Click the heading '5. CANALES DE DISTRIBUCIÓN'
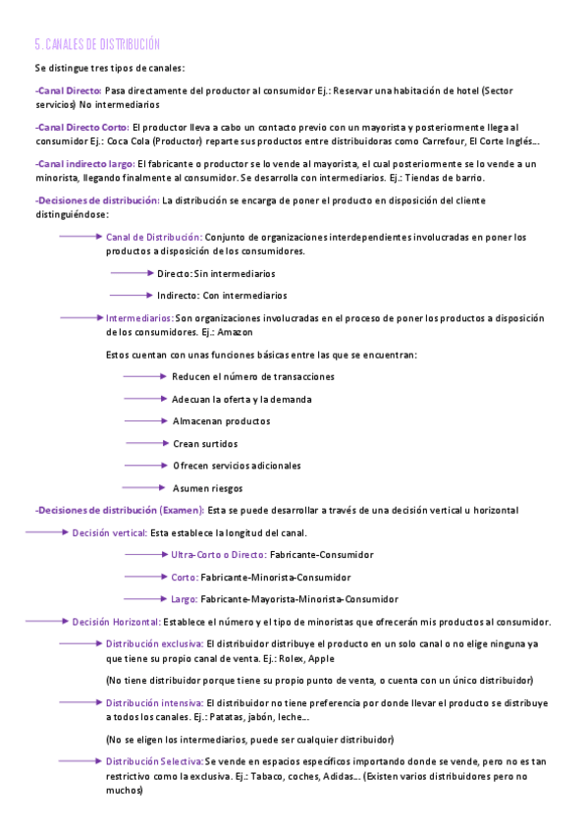point(96,45)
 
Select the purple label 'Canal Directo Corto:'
point(81,127)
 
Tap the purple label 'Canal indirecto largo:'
point(84,163)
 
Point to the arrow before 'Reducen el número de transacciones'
point(145,376)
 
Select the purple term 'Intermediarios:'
point(139,318)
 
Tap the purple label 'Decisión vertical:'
point(109,532)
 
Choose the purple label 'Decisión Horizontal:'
point(116,622)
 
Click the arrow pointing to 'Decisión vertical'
point(45,532)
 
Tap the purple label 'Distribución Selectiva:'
point(154,761)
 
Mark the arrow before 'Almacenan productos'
point(145,420)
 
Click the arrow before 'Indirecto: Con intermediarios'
point(131,295)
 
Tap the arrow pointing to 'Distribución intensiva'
point(80,703)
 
